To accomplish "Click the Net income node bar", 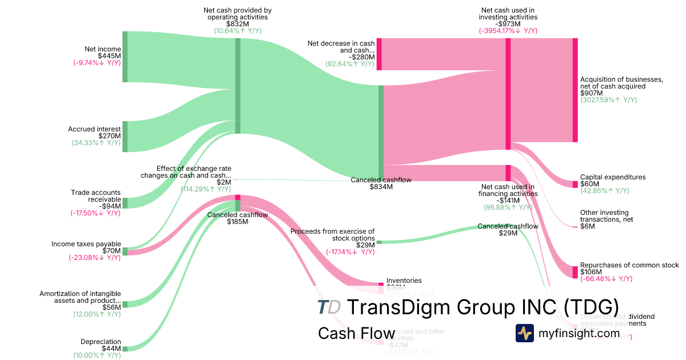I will pos(125,57).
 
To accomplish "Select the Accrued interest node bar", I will pos(125,137).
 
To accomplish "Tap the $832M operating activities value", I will pos(238,24).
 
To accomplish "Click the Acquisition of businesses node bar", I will pos(575,90).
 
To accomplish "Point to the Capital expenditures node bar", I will pos(575,184).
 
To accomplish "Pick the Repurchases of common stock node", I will pos(575,272).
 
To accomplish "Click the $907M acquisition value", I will pos(591,93).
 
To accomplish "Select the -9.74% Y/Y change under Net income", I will pos(97,63).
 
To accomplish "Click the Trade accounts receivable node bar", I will pos(125,203).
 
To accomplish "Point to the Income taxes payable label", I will pos(86,244).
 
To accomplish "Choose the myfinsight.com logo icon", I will pos(524,333).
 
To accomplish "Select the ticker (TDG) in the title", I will pos(591,307).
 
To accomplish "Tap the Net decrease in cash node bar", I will pos(378,54).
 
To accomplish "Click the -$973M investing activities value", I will pos(508,24).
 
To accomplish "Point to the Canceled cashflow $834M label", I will pos(381,183).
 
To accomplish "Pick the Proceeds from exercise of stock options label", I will pos(332,235).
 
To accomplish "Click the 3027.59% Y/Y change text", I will pos(608,100).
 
